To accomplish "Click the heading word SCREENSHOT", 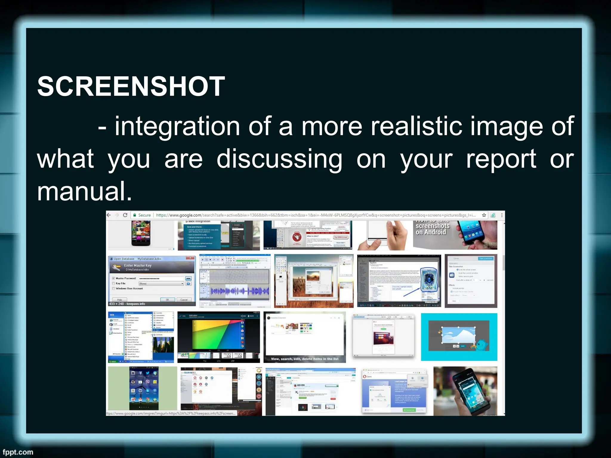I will [131, 86].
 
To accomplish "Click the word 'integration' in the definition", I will [177, 126].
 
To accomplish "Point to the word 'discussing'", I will [279, 159].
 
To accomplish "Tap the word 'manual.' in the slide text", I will [84, 191].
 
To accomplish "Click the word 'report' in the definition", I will [501, 159].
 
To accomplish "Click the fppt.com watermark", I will [18, 452].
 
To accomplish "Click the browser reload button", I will [125, 215].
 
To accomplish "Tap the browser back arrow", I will [109, 215].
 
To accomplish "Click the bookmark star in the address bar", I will [484, 215].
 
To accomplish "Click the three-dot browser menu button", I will [502, 215].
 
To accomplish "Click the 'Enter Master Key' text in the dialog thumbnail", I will [138, 265].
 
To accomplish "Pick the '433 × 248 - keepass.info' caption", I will [127, 304].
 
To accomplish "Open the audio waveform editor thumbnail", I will [235, 281].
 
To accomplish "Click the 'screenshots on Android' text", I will [432, 229].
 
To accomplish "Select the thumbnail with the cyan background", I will [459, 337].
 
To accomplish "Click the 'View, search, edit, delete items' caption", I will [305, 359].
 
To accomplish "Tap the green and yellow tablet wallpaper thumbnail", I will [218, 337].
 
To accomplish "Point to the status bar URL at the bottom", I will [171, 414].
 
